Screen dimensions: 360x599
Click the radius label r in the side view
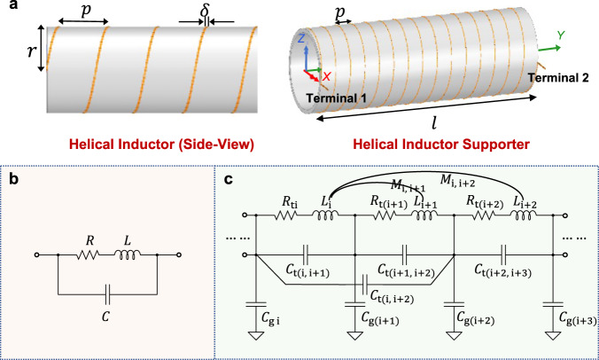pos(25,64)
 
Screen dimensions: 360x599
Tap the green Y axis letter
pos(560,35)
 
